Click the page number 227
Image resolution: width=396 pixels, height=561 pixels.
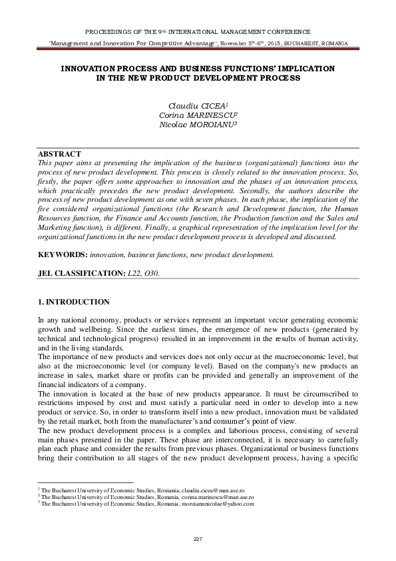coord(198,538)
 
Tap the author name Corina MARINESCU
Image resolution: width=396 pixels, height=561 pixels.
coord(198,115)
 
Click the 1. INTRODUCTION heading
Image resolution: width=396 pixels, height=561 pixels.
coord(74,302)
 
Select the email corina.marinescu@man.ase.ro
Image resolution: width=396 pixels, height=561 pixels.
coord(220,497)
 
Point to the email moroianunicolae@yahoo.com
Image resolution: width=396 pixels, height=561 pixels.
coord(220,504)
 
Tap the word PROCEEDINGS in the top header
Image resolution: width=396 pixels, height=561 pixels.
coord(108,31)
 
